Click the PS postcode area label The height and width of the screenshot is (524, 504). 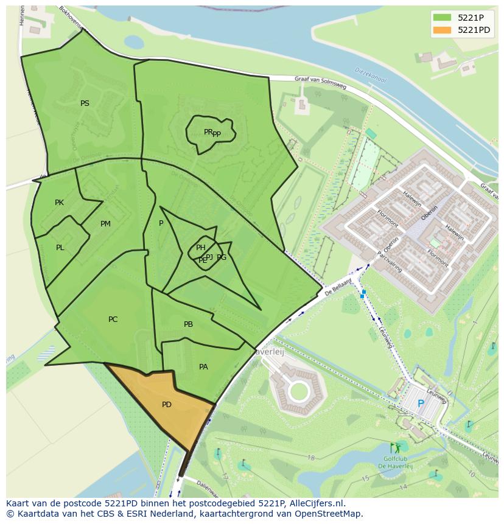[85, 103]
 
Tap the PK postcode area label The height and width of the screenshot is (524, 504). [59, 203]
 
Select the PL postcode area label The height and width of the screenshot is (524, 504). [60, 248]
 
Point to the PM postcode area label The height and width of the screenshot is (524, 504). [105, 224]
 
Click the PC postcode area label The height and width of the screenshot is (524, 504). [113, 320]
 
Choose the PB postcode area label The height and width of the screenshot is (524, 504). [188, 324]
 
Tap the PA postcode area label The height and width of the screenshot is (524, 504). [203, 367]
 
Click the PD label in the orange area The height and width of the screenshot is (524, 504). [166, 405]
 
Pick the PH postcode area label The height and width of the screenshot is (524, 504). [200, 247]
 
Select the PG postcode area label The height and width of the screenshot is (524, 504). [222, 257]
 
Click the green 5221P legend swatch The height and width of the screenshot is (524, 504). [442, 18]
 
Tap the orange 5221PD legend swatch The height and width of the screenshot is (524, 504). [442, 30]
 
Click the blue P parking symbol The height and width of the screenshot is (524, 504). [421, 403]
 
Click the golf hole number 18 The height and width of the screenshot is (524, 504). [311, 458]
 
